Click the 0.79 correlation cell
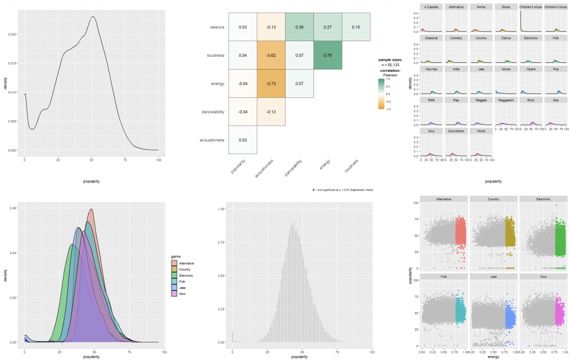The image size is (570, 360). [x=328, y=56]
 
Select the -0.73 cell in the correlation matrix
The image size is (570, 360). [x=271, y=83]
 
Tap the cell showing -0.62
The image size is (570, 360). [x=271, y=56]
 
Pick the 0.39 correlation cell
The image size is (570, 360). [x=299, y=27]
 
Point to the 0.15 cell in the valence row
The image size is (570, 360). [x=356, y=27]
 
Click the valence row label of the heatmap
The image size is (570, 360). [x=217, y=27]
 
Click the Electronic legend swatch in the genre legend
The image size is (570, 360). [x=175, y=275]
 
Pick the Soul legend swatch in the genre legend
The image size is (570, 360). [x=175, y=293]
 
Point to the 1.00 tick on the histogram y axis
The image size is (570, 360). [x=222, y=209]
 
